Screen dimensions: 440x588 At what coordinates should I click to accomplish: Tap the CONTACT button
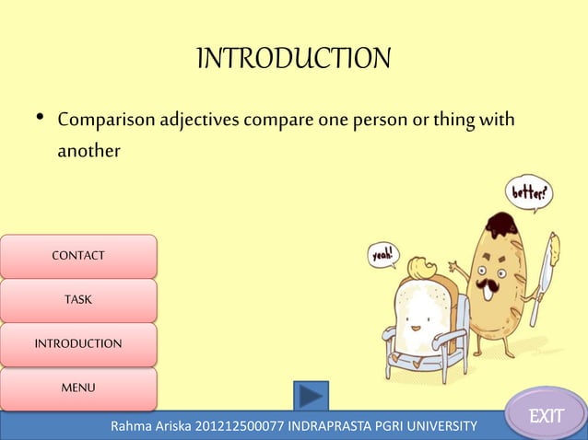(x=78, y=256)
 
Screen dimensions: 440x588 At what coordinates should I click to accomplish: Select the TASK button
(x=78, y=300)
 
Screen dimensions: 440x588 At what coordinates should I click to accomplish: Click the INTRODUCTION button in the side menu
(x=78, y=344)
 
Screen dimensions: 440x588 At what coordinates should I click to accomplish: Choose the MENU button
(x=78, y=388)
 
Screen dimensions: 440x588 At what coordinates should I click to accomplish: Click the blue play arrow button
(x=311, y=397)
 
